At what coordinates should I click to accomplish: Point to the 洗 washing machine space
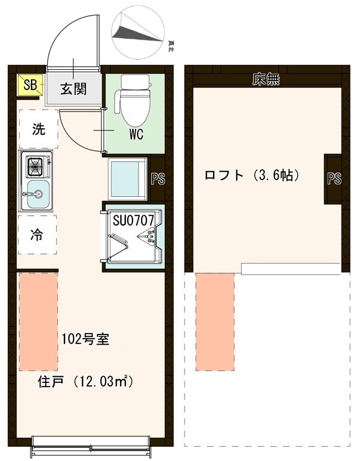pos(38,130)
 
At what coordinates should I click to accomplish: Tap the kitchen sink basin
pos(37,194)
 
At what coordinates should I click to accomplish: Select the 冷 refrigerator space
pos(37,234)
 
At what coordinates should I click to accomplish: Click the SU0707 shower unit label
pos(134,219)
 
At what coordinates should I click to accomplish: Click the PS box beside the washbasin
pos(158,179)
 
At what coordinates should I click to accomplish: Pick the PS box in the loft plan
pos(334,178)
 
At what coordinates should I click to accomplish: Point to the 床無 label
pos(266,79)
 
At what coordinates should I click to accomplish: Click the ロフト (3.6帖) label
pos(251,175)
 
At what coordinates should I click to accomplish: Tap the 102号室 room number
pos(85,339)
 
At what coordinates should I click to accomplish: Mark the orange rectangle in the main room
pos(38,321)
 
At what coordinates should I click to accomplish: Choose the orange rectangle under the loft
pos(214,321)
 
